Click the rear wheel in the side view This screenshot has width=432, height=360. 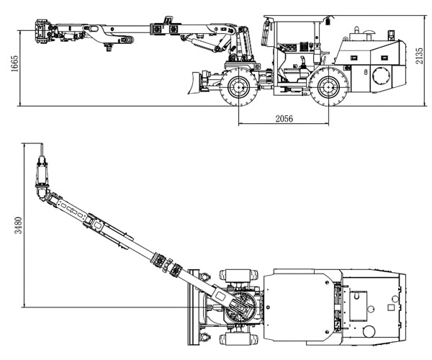click(327, 89)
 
